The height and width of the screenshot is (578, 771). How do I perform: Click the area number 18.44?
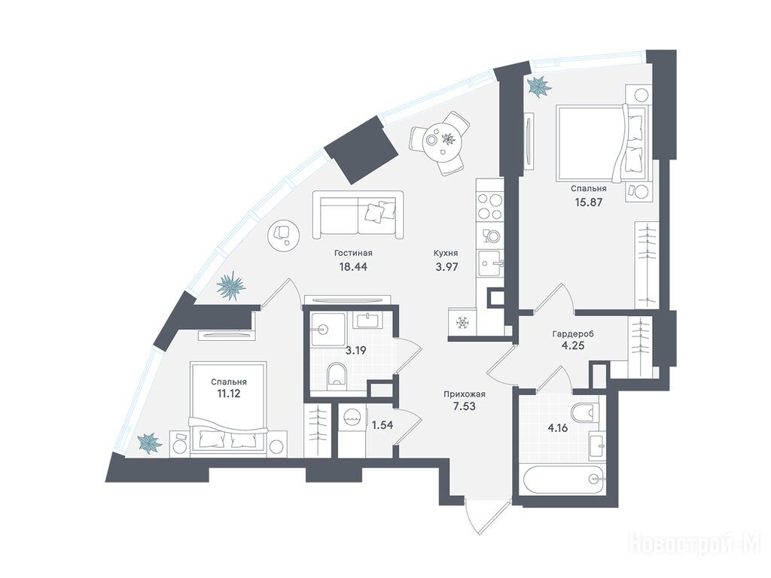coord(352,267)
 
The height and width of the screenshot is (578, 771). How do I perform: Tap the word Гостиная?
coord(353,253)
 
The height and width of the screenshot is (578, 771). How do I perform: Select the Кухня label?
coord(446,253)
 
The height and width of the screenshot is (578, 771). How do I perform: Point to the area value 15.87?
coord(589,201)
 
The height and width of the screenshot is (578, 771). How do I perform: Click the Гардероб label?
coord(573,333)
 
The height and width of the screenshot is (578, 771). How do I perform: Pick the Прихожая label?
coord(464,394)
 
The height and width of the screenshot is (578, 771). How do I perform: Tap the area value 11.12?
coord(229,394)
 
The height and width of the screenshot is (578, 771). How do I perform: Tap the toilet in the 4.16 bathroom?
coord(586,412)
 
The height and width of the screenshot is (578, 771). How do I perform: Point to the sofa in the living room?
coord(358,214)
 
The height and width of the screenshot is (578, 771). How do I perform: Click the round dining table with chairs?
coord(440,142)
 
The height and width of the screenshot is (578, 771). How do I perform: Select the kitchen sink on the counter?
coord(490,264)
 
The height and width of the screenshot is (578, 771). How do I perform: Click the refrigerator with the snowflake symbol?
coord(462,324)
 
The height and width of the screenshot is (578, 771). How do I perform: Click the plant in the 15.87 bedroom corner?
coord(539,87)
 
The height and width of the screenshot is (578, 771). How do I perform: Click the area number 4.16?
coord(558,427)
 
